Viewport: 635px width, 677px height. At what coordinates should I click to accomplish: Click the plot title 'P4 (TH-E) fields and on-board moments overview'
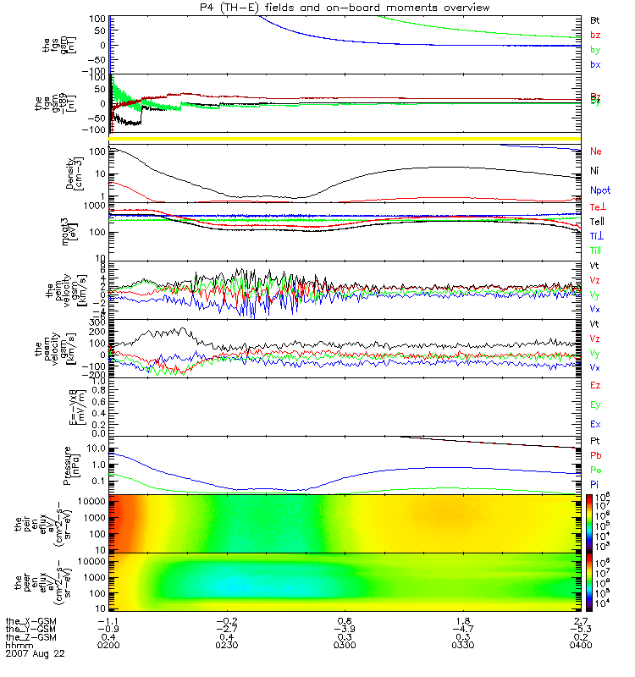[342, 8]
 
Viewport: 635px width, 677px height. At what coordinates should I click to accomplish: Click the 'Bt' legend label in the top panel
[595, 19]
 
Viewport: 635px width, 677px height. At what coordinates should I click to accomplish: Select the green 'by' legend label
[595, 50]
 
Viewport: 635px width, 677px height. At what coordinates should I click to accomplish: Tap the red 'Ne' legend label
[596, 151]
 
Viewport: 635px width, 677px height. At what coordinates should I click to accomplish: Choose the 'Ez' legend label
[595, 385]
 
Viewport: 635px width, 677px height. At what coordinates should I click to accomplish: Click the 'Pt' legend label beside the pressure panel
[595, 442]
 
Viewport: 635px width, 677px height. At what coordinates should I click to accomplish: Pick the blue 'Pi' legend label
[595, 482]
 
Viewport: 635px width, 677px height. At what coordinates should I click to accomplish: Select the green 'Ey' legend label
[595, 405]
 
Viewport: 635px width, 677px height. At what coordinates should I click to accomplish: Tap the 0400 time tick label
[580, 646]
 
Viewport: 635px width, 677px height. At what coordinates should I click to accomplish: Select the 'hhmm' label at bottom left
[19, 646]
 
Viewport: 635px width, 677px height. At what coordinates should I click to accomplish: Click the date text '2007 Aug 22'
[35, 654]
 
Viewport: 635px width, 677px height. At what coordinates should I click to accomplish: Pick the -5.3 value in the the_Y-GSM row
[580, 629]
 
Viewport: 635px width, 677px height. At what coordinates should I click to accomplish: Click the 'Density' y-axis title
[80, 173]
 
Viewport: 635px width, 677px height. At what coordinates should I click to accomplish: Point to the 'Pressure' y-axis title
[80, 463]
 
